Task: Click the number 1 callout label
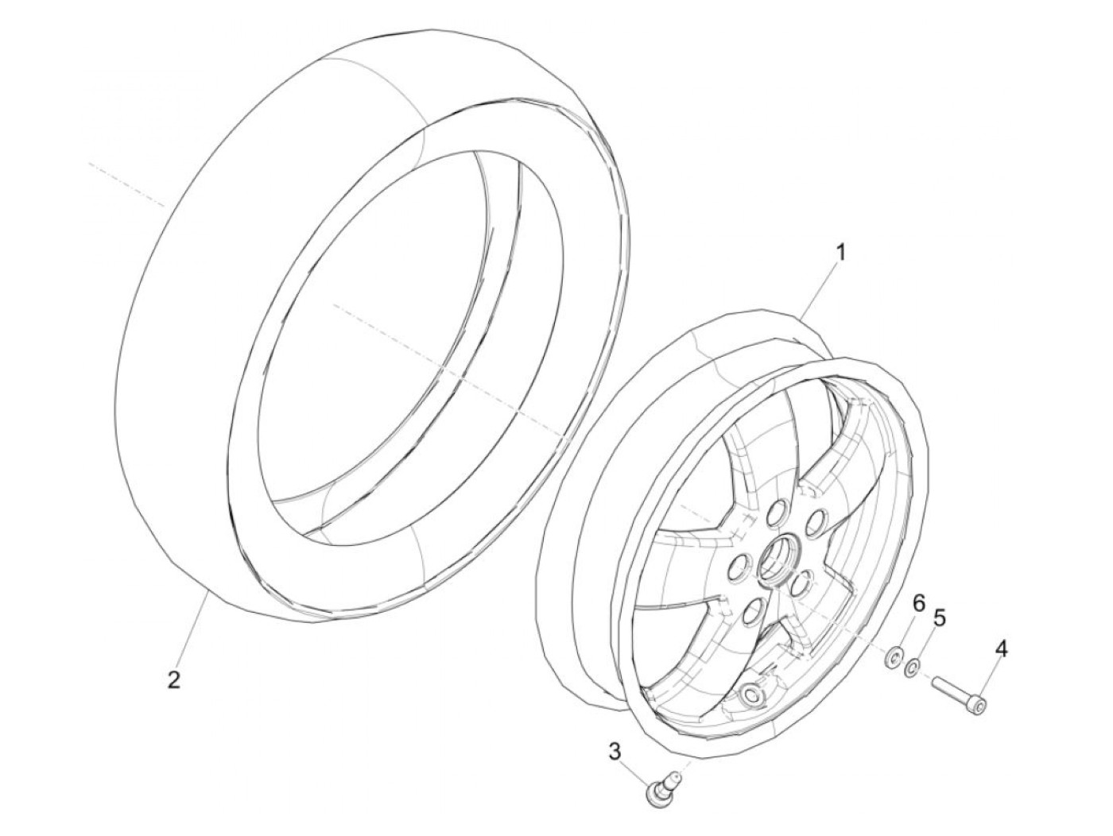coord(840,254)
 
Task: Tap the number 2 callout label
coord(174,680)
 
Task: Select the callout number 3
coord(615,749)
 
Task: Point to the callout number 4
coord(1001,650)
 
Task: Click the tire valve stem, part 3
coord(660,791)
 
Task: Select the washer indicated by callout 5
coord(913,664)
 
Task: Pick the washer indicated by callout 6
coord(894,656)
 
